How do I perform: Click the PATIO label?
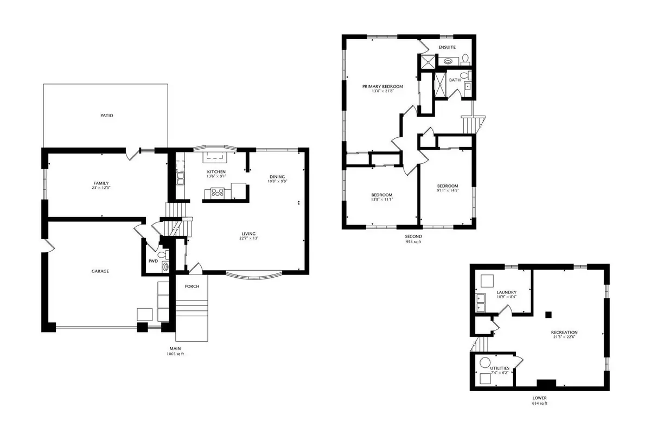[x=107, y=116]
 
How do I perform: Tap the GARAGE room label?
[x=100, y=271]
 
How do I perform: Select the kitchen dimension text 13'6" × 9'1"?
[x=216, y=176]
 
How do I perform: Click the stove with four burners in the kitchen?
[x=218, y=192]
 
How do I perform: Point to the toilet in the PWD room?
[x=163, y=255]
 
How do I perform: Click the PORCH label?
[x=192, y=286]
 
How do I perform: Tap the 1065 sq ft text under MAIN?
[x=175, y=354]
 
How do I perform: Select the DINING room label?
[x=277, y=177]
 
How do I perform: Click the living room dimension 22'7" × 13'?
[x=249, y=238]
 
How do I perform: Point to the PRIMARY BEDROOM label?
[x=382, y=86]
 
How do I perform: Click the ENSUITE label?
[x=447, y=47]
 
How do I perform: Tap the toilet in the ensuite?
[x=465, y=59]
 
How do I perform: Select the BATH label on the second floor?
[x=455, y=80]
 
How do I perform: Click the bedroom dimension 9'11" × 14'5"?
[x=448, y=191]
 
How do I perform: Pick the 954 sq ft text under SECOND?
[x=413, y=241]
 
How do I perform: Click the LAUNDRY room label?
[x=507, y=292]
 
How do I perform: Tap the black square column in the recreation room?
[x=548, y=315]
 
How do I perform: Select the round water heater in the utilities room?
[x=485, y=362]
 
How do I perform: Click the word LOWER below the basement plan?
[x=539, y=398]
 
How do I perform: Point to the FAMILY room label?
[x=101, y=183]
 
